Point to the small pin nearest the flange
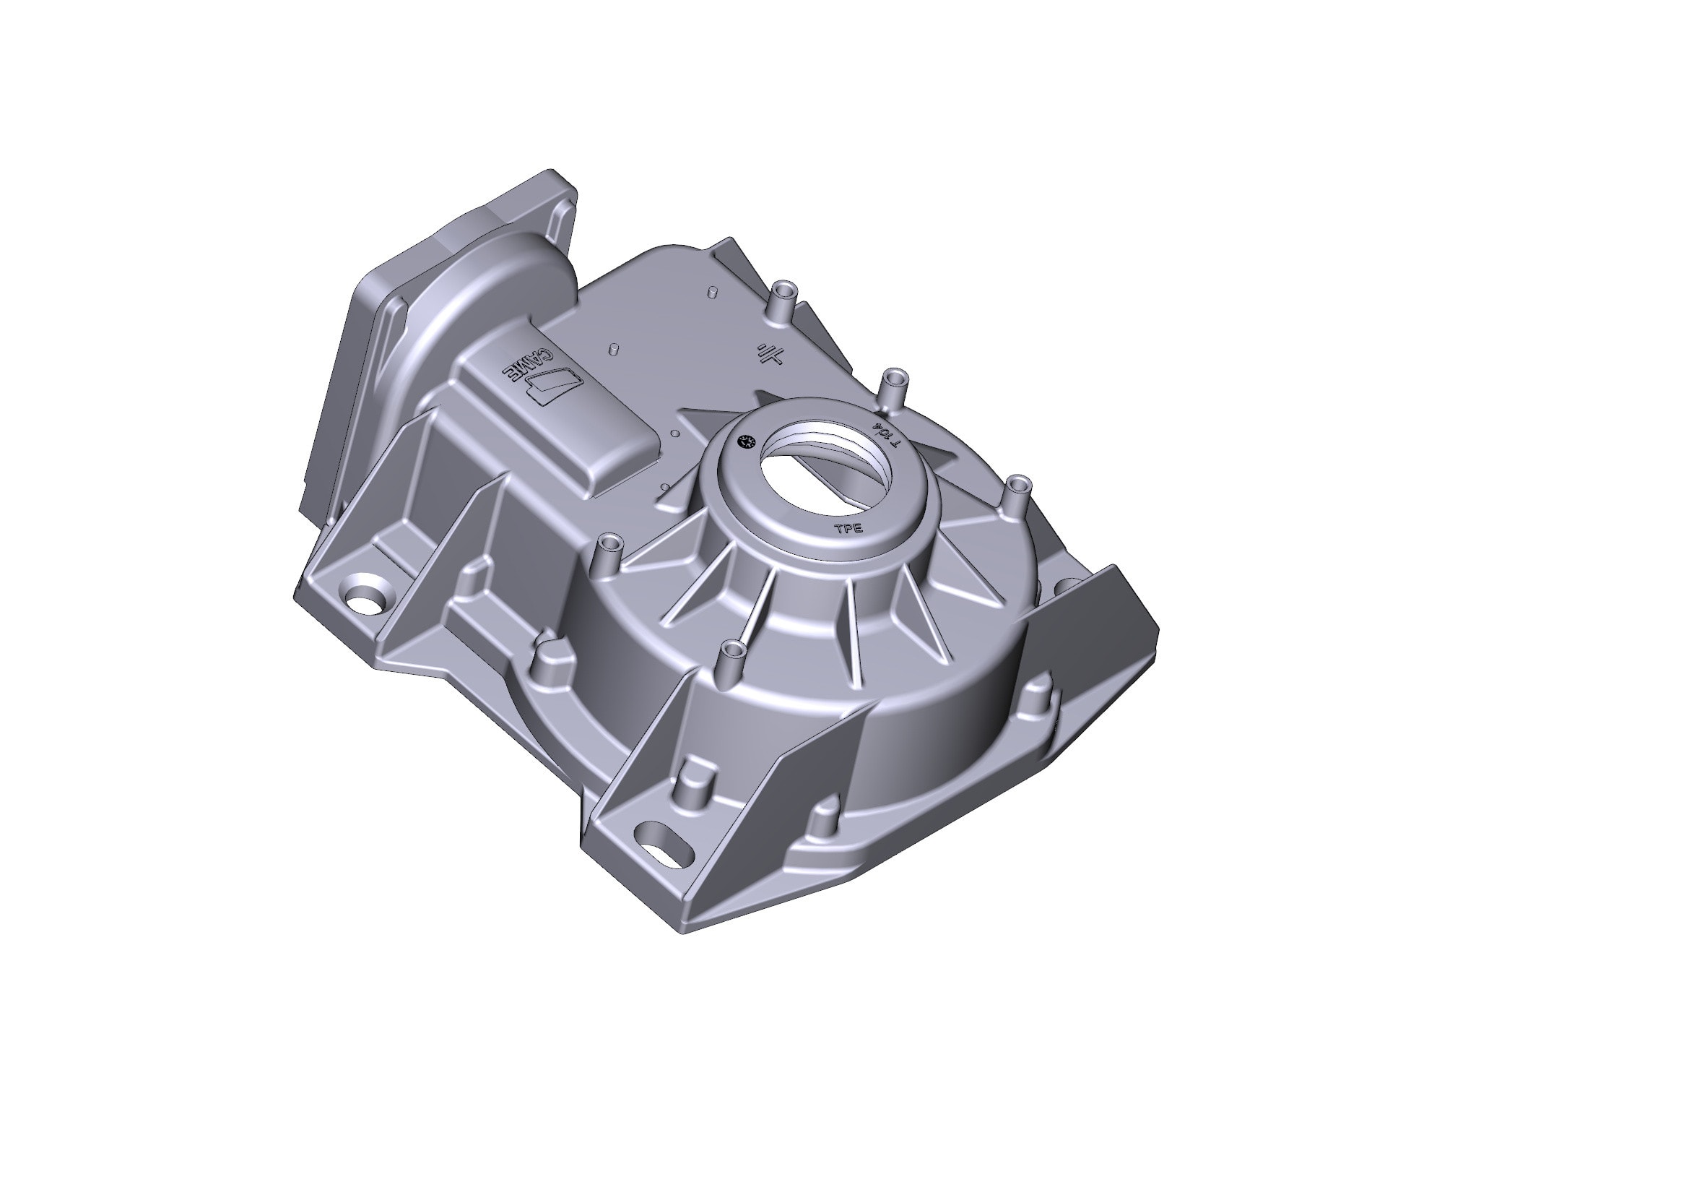click(x=711, y=292)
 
